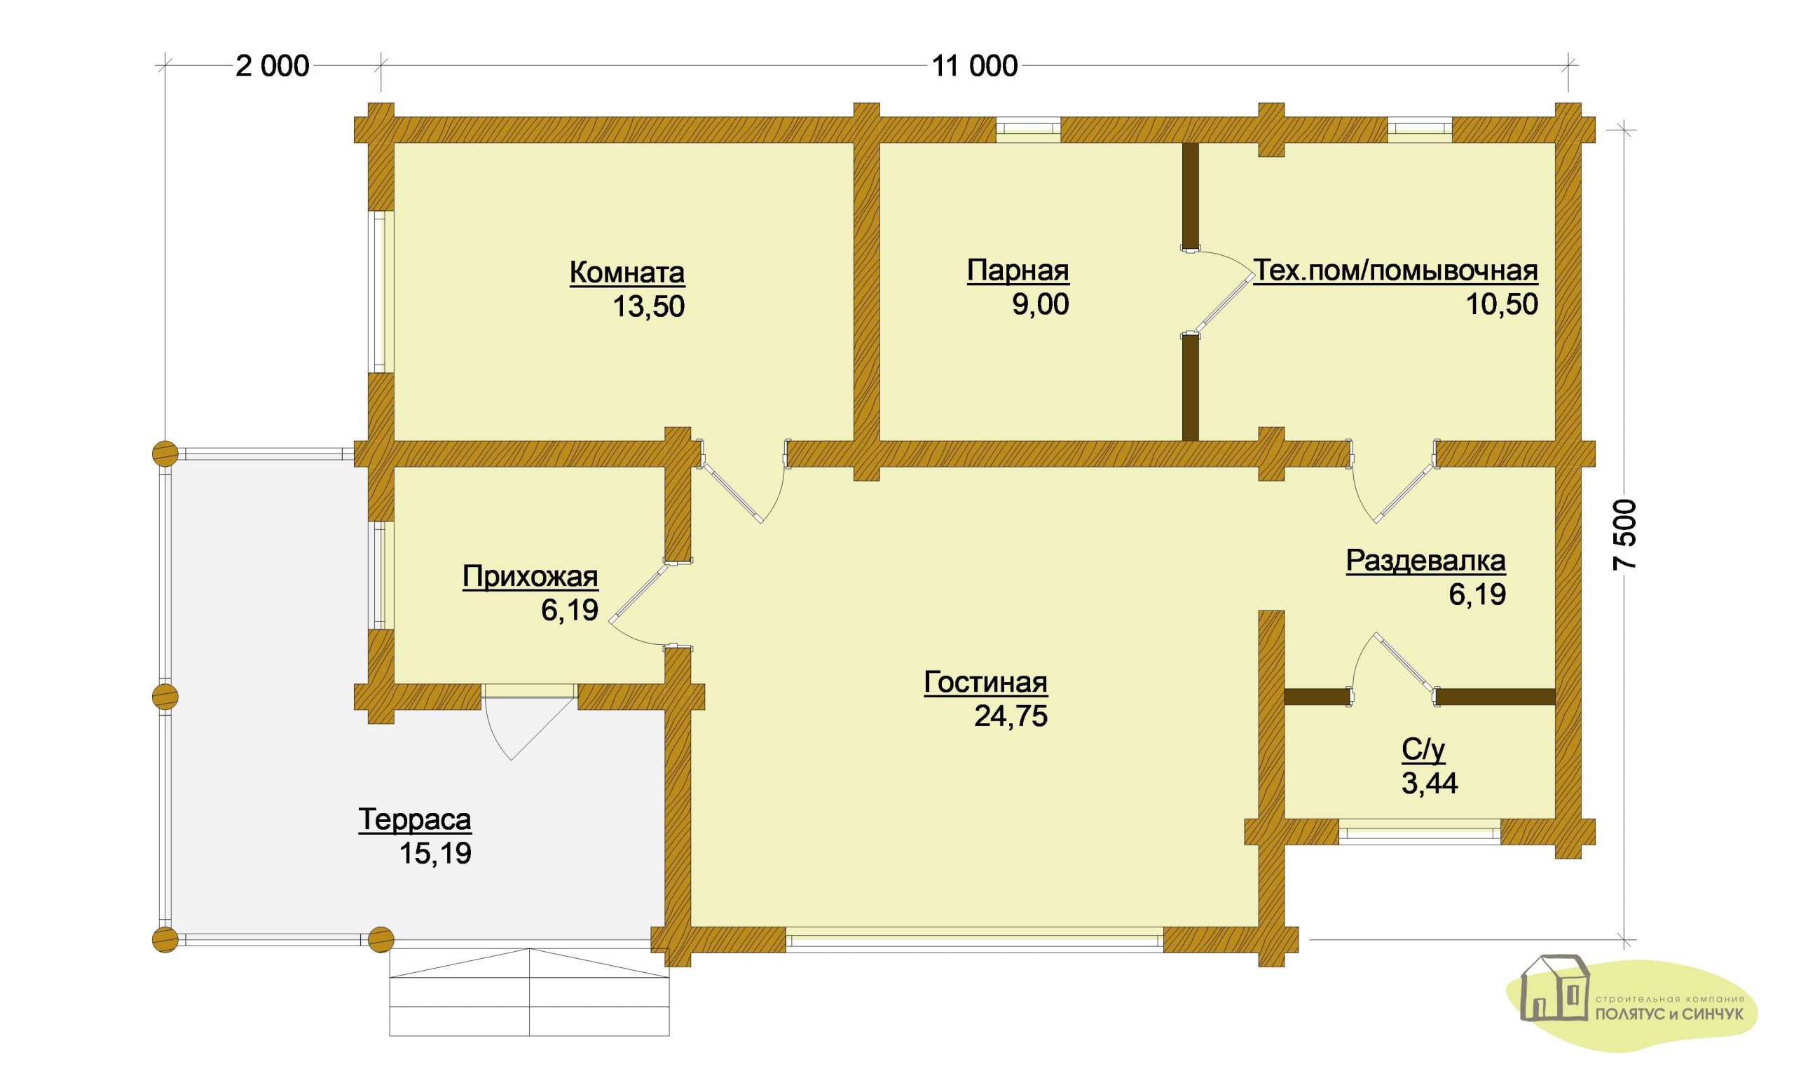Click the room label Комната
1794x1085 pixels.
(x=627, y=273)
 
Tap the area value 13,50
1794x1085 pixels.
(x=649, y=306)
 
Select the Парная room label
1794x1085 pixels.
(x=1018, y=271)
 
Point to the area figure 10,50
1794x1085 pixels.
(x=1502, y=303)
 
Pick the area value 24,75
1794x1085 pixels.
(x=1011, y=716)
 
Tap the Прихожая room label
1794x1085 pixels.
(x=530, y=577)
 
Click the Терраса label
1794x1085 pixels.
(x=415, y=820)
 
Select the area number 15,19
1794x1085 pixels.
(x=435, y=854)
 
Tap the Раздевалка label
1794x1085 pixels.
(x=1425, y=561)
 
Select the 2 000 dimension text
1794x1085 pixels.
(x=273, y=67)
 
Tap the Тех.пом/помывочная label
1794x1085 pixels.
(x=1396, y=271)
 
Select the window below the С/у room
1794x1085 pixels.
(x=1420, y=831)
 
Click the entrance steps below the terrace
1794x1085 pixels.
(x=529, y=992)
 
